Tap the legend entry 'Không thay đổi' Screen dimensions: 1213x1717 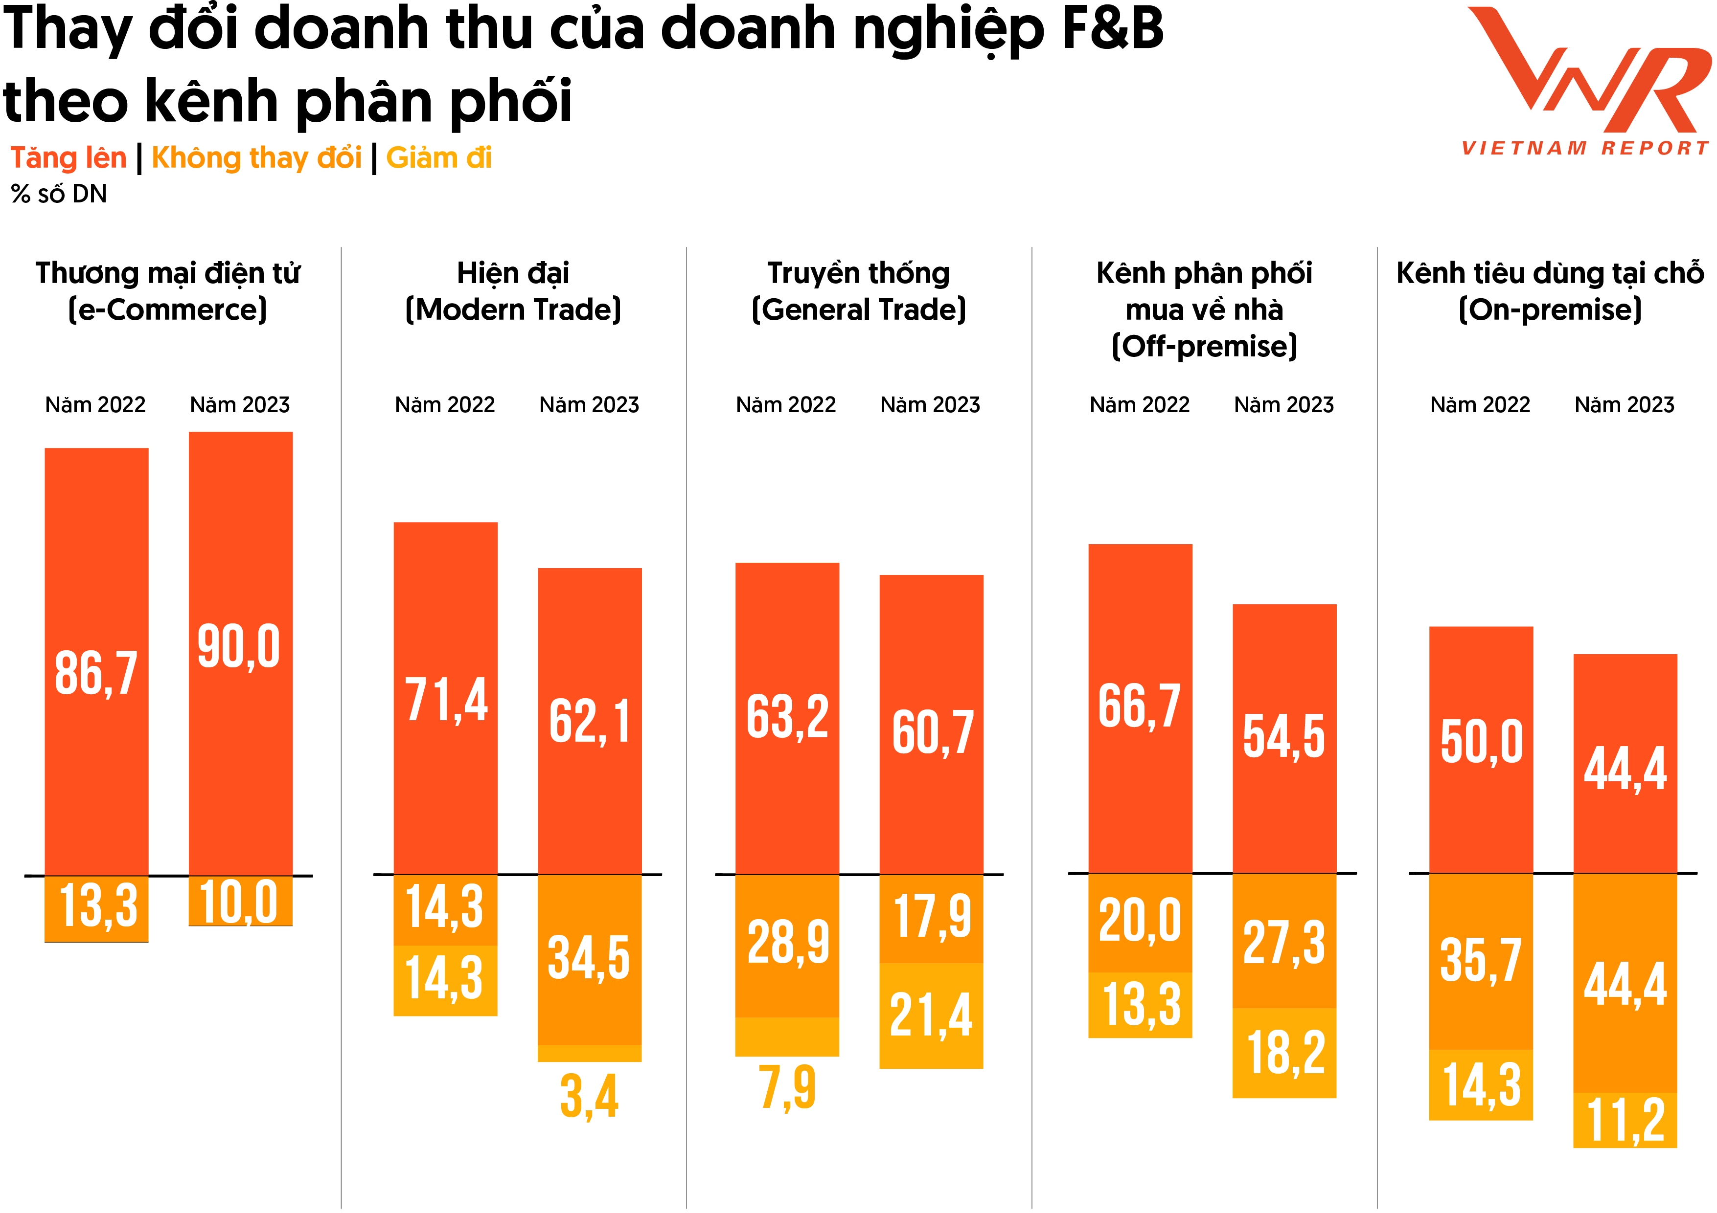click(256, 158)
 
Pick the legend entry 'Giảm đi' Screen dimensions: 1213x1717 click(439, 158)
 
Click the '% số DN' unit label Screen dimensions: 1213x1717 click(59, 194)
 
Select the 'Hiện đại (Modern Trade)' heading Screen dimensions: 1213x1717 click(513, 291)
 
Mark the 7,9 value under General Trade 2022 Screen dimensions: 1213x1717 click(787, 1087)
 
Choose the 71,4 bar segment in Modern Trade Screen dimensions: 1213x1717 click(446, 699)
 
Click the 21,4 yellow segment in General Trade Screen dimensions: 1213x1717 click(931, 1015)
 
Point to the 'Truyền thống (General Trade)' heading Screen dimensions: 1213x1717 click(858, 291)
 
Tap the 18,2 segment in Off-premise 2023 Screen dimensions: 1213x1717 click(1284, 1052)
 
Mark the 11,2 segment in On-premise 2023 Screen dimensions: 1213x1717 click(1625, 1120)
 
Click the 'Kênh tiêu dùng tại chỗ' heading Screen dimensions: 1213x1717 click(1550, 273)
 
